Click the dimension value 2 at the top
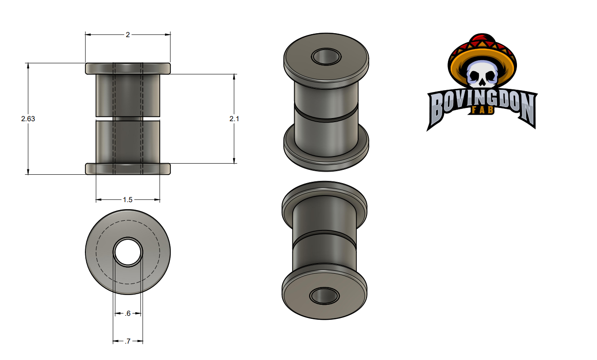click(128, 34)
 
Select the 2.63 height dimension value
click(28, 119)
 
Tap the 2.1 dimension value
click(234, 119)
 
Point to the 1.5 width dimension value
click(127, 199)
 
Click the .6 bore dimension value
click(128, 314)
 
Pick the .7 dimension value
click(128, 341)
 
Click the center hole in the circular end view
click(128, 253)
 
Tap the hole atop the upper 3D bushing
click(326, 56)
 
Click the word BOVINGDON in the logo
click(482, 105)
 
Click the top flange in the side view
click(128, 69)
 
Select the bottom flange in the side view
click(128, 169)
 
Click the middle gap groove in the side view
click(128, 119)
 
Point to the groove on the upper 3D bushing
click(326, 115)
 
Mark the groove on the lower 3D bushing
click(324, 238)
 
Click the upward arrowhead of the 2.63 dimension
click(28, 65)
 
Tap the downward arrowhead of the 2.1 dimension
click(234, 161)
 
